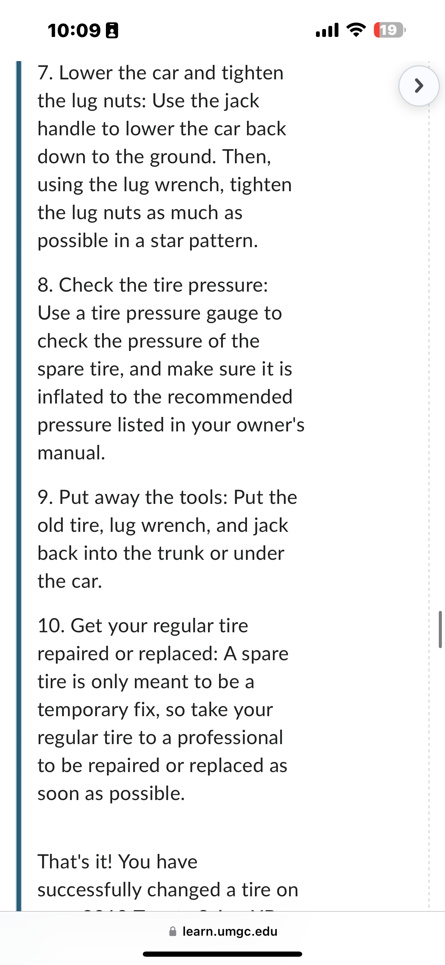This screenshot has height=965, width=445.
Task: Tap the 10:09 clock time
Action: point(74,30)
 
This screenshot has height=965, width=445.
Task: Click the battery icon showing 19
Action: point(389,30)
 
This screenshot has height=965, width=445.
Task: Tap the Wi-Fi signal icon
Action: point(357,30)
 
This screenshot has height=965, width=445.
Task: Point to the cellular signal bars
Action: point(327,30)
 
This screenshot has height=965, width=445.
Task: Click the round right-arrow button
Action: point(419,86)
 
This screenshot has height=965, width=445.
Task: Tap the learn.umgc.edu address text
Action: point(230,931)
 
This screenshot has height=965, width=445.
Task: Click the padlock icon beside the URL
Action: point(173,931)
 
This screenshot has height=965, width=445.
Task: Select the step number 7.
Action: point(44,73)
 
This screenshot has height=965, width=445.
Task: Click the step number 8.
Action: point(44,285)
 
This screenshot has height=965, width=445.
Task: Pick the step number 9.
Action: point(45,497)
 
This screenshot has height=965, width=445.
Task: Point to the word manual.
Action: point(71,452)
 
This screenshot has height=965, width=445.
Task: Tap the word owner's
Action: point(270,425)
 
